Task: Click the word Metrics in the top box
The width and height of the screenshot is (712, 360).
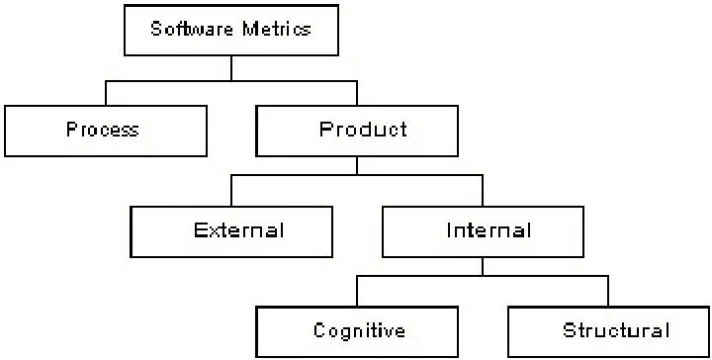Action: (x=276, y=29)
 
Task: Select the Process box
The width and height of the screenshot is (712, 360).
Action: (x=105, y=130)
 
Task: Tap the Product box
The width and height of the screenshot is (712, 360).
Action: (x=357, y=130)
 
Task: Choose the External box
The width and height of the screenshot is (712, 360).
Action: (x=231, y=230)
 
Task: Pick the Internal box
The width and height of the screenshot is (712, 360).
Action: (x=483, y=230)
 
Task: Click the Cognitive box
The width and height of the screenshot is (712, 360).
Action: (x=358, y=330)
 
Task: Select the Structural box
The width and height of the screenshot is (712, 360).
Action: (x=608, y=330)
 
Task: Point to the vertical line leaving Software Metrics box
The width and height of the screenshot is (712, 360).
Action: (x=230, y=67)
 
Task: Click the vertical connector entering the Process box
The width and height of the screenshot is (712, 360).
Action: (x=106, y=93)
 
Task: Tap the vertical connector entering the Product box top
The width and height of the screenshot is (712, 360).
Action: (x=357, y=93)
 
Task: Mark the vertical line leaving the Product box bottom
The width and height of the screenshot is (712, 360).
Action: (x=357, y=166)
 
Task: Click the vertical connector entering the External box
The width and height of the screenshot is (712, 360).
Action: (x=231, y=192)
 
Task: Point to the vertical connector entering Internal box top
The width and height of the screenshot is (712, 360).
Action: (x=483, y=192)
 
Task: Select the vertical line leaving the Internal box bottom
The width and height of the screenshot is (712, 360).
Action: (x=483, y=267)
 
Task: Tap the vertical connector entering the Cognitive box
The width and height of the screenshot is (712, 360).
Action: (x=358, y=292)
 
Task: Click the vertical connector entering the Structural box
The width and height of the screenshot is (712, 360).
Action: (x=608, y=292)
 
